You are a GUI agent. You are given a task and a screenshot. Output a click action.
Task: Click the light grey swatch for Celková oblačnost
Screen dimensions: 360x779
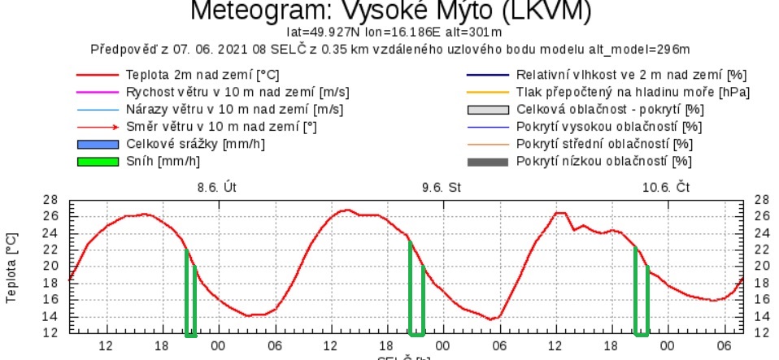(486, 110)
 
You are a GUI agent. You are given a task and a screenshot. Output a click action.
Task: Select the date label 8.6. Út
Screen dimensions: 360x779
(217, 187)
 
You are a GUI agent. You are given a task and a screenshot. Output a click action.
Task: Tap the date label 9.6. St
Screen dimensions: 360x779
(442, 187)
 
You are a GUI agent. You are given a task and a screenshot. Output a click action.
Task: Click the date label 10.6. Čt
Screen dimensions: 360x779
(666, 187)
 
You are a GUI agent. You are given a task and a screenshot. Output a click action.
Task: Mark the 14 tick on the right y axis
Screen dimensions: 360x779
(761, 316)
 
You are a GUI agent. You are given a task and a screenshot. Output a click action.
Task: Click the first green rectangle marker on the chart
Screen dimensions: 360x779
(191, 294)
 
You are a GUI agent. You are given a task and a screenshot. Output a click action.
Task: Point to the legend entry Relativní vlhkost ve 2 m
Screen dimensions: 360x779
(626, 75)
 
